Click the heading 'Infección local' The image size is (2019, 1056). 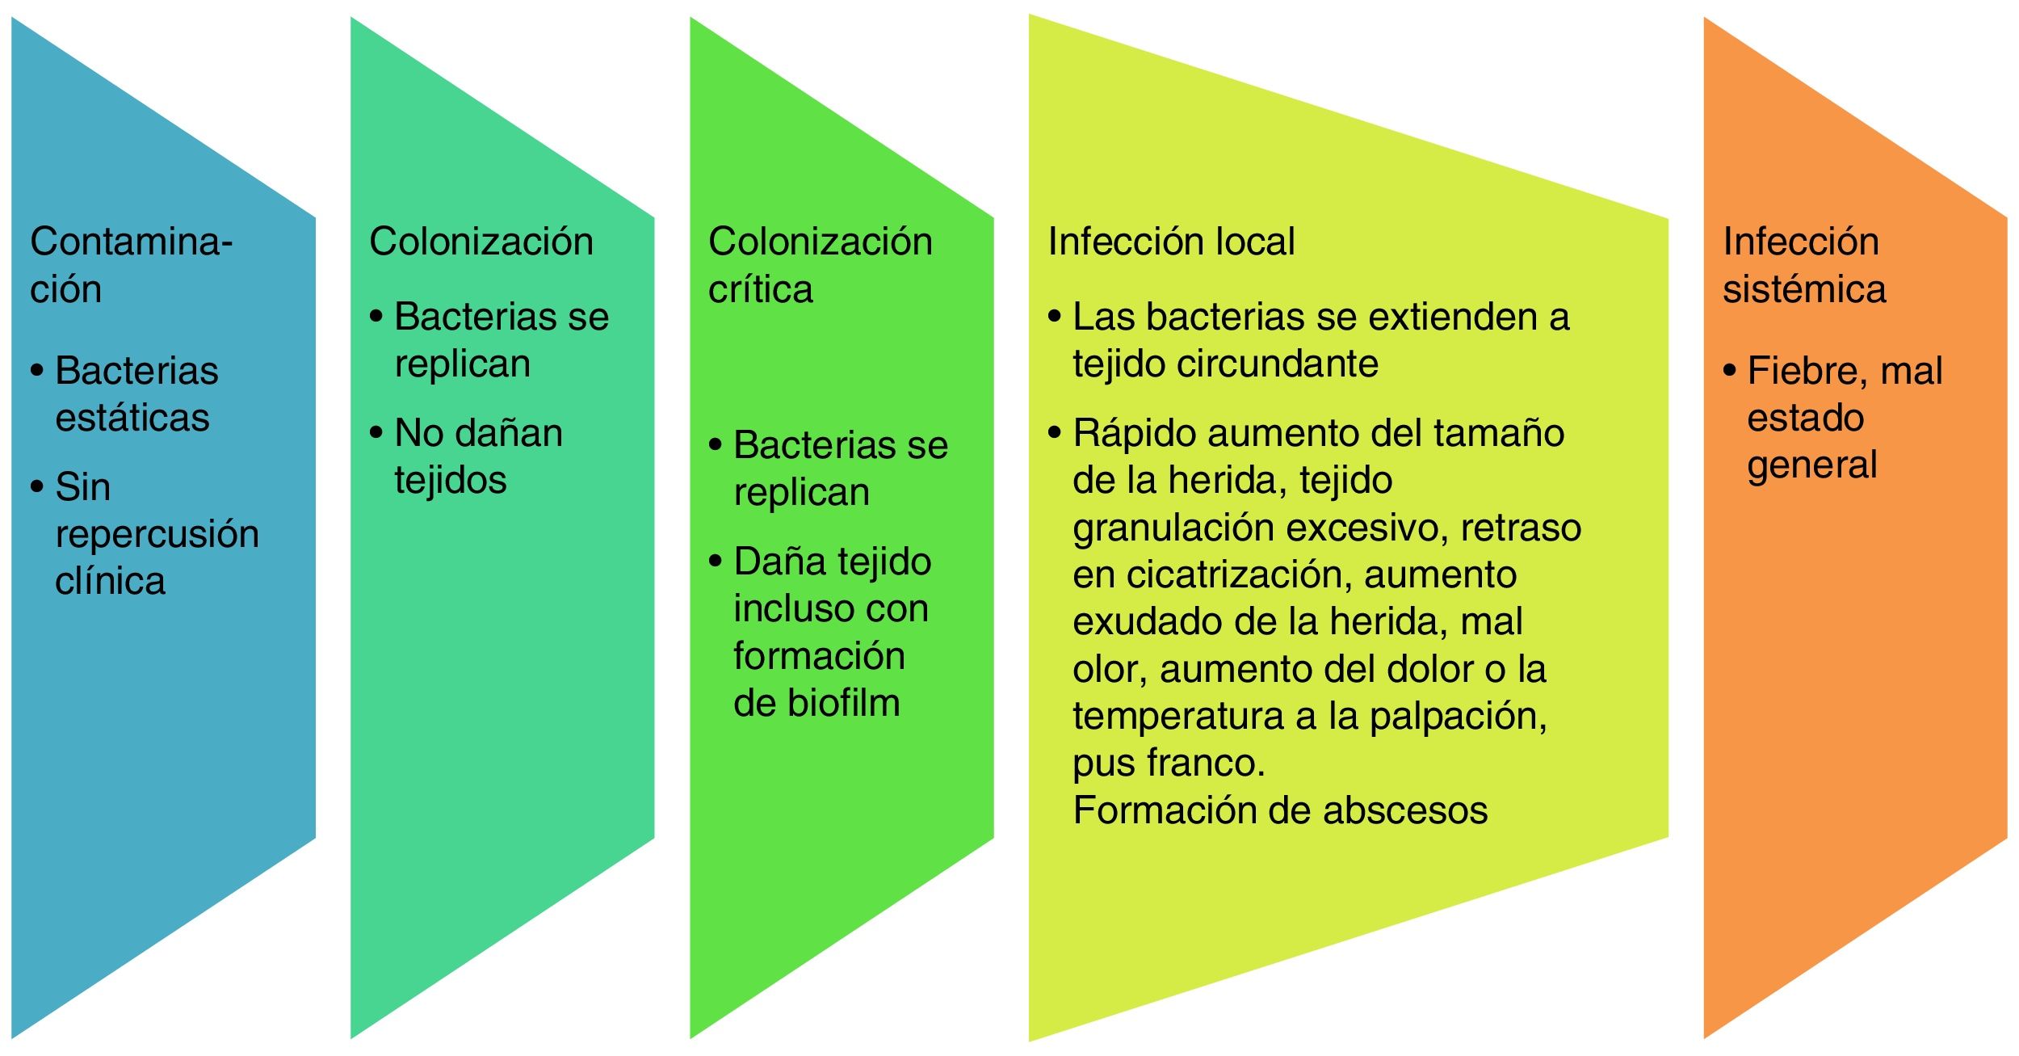pos(1170,242)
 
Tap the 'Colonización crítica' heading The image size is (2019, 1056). pos(820,265)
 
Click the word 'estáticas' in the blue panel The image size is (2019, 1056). pos(132,419)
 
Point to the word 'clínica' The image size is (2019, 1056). pos(110,581)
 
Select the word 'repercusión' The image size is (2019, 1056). pos(157,534)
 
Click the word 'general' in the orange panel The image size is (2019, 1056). pos(1811,466)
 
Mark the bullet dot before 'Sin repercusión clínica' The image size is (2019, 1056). pos(37,486)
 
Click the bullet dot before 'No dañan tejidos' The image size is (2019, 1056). pos(376,432)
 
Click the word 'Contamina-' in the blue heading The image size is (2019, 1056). pos(131,242)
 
